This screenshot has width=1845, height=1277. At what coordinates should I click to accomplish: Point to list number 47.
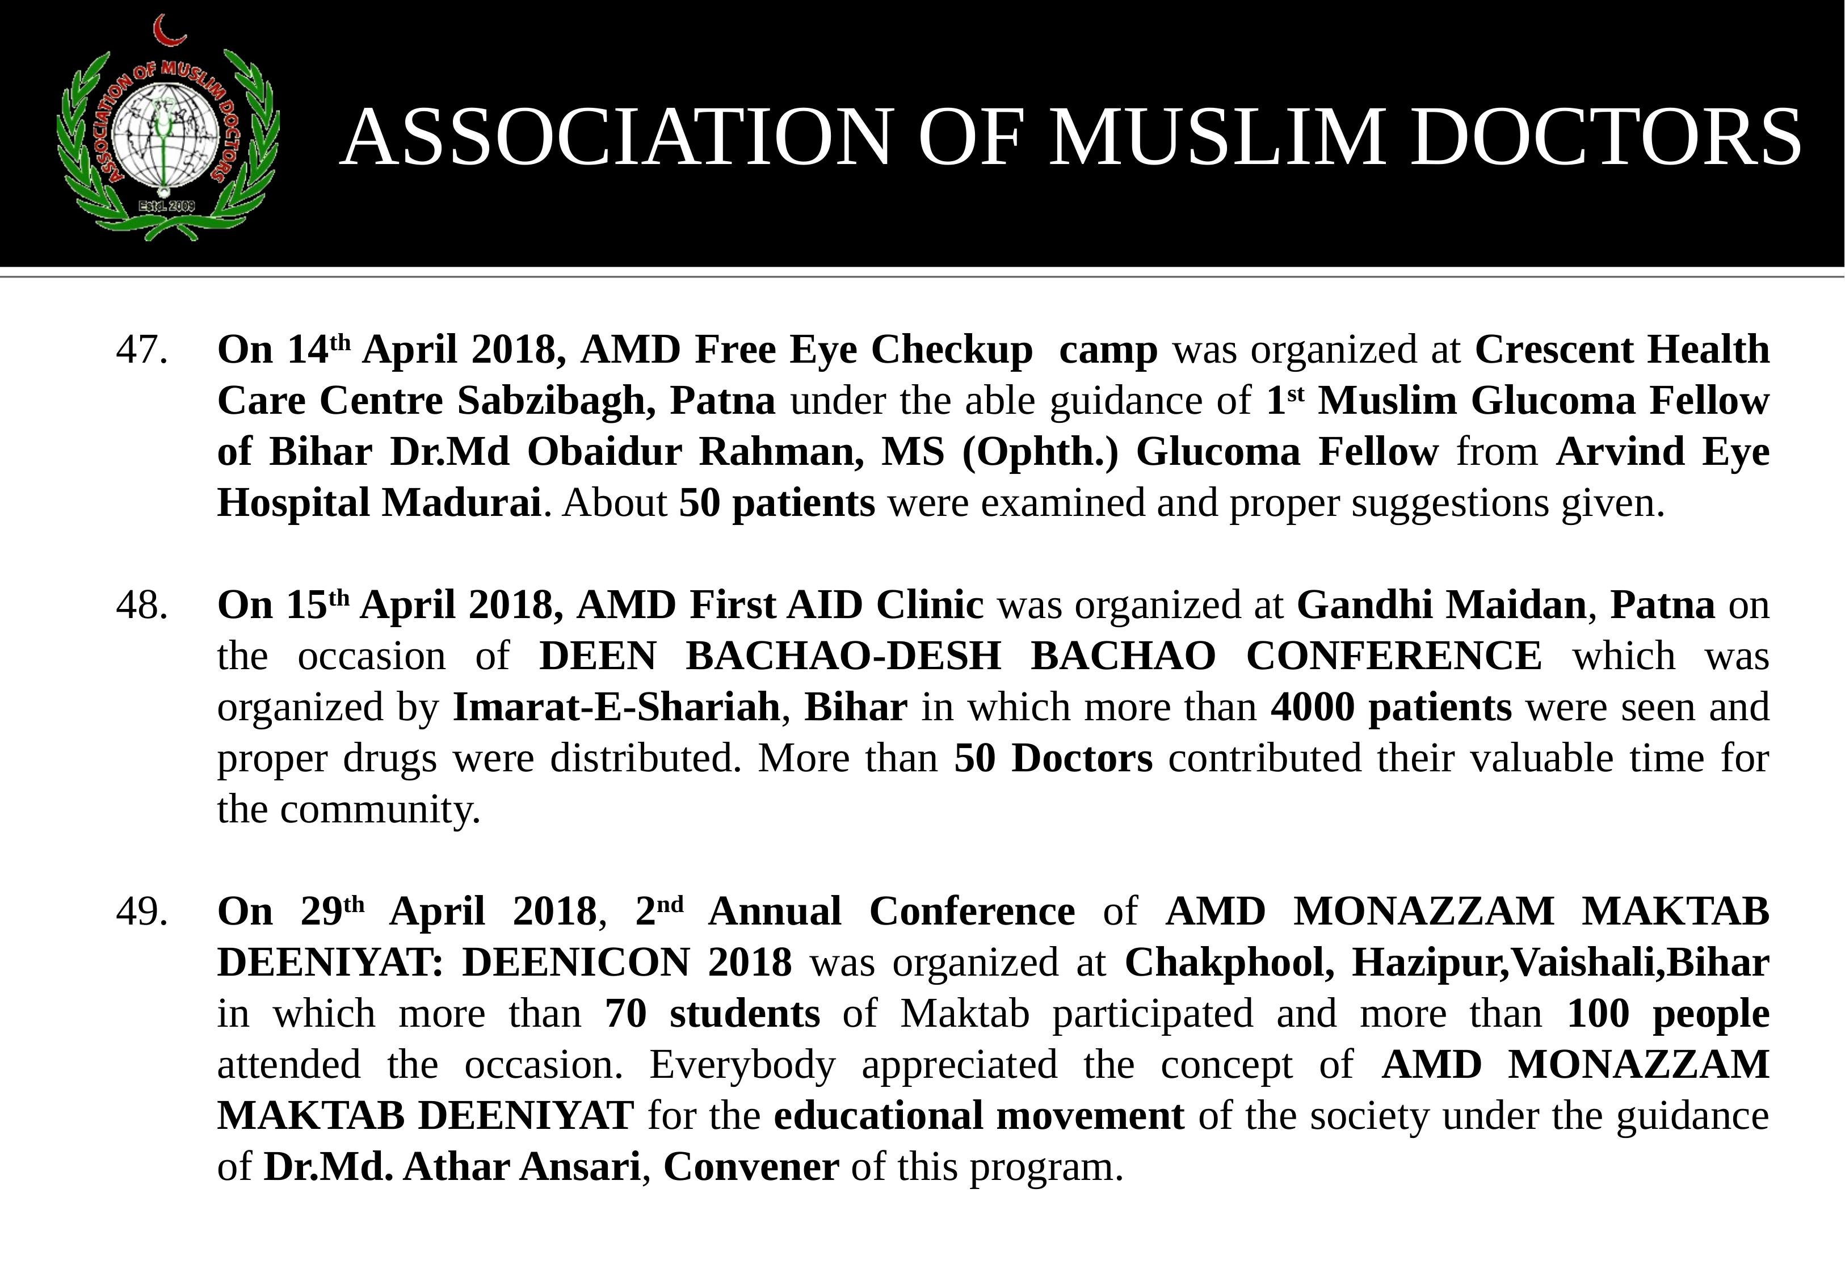[142, 350]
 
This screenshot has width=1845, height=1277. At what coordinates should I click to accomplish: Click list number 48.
[142, 605]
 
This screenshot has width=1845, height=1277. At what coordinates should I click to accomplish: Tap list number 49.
[142, 911]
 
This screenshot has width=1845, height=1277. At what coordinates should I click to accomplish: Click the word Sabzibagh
[551, 401]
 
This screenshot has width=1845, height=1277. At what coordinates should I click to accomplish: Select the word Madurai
[461, 503]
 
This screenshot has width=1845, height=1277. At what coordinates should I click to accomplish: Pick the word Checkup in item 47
[951, 350]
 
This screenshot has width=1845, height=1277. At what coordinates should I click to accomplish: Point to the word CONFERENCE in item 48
[1394, 656]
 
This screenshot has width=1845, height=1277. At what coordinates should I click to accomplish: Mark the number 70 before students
[625, 1014]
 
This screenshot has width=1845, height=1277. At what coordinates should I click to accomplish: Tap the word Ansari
[579, 1167]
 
